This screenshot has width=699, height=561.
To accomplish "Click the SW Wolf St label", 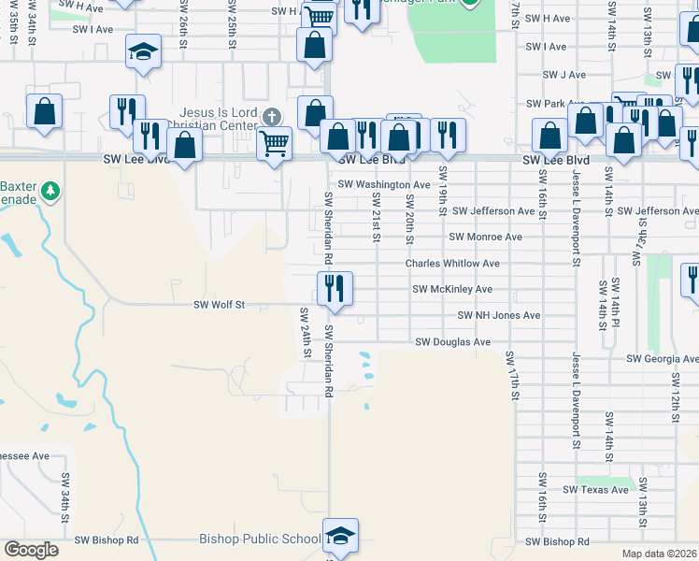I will coord(219,304).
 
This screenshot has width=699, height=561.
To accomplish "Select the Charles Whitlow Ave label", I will coord(452,264).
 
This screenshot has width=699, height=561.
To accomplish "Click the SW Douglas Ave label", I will coord(452,342).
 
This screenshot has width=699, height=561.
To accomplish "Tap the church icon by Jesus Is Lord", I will coord(271,117).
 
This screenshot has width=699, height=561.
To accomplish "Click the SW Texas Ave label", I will coord(595,490).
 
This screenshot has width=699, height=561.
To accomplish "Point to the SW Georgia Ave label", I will coord(663,358).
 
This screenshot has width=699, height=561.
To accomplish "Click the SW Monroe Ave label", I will coord(485,237).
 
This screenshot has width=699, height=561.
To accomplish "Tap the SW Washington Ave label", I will coord(384,185).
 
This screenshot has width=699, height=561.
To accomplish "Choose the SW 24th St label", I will coord(306,332).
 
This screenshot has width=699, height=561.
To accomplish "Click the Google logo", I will coord(31,550).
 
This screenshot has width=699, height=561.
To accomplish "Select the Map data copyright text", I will coord(659,554).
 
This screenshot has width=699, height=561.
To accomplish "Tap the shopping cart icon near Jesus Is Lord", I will coord(274,143).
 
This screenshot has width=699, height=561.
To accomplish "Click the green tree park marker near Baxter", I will coord(50,192).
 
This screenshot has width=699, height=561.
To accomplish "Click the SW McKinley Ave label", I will coord(452,290).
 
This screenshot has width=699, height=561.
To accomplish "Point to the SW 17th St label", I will coord(512,378).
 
